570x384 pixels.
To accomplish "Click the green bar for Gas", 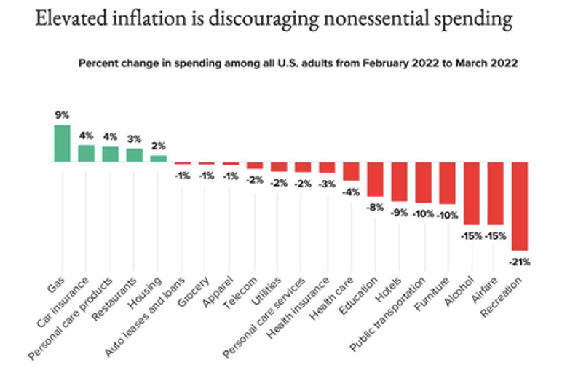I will (x=62, y=144).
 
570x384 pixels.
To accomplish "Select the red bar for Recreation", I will (x=519, y=206).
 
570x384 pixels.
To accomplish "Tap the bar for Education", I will (x=375, y=179).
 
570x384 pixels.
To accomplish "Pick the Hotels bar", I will (x=399, y=181).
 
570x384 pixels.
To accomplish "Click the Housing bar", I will (x=158, y=158).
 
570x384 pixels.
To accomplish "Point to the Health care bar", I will (x=351, y=171).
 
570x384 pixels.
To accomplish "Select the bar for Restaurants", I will (x=134, y=155).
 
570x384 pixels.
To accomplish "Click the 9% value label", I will (x=62, y=115).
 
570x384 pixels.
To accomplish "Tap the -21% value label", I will (x=519, y=261).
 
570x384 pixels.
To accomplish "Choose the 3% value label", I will (x=134, y=138).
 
